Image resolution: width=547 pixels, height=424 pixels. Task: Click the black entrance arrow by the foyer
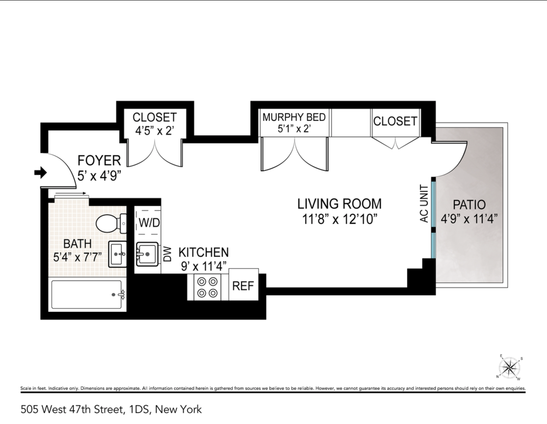(40, 172)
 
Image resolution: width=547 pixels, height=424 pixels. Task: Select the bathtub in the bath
(87, 294)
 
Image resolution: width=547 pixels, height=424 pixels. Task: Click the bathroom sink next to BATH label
(117, 254)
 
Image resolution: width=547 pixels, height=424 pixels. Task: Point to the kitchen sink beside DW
(147, 254)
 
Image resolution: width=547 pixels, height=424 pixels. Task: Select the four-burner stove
(207, 287)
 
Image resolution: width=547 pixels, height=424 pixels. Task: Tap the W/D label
(149, 223)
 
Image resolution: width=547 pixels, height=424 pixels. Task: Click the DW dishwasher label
(167, 254)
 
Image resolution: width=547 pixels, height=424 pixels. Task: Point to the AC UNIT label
(424, 204)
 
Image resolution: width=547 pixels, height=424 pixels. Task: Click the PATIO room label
(469, 205)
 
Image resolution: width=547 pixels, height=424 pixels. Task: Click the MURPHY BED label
(294, 117)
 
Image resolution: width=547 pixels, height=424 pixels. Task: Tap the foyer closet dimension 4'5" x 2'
(154, 130)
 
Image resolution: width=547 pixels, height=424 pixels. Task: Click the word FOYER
(99, 160)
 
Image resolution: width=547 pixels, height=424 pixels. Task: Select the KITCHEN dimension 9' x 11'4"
(204, 266)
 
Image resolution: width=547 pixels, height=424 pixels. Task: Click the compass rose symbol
(509, 368)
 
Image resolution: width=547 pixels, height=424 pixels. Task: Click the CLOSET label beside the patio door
(395, 121)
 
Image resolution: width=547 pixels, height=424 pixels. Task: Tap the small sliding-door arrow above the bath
(70, 193)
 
